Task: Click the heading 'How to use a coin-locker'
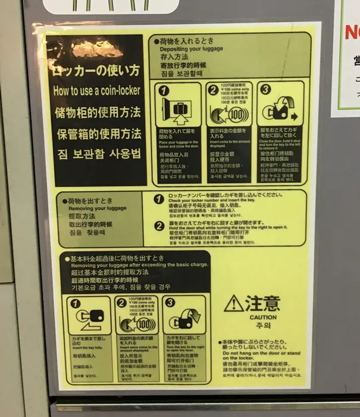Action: pos(96,91)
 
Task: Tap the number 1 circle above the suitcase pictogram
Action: pos(164,91)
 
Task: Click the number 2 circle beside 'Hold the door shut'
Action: pos(159,226)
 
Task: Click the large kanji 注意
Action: pos(262,303)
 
